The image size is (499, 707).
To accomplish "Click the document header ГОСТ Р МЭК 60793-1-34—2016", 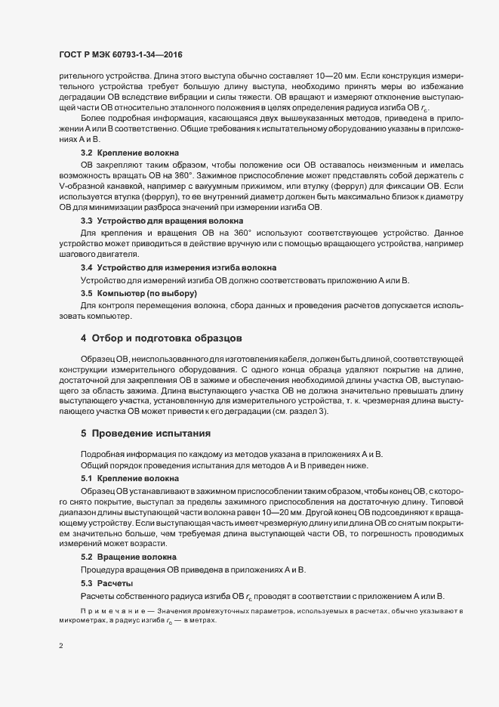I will click(121, 55).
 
